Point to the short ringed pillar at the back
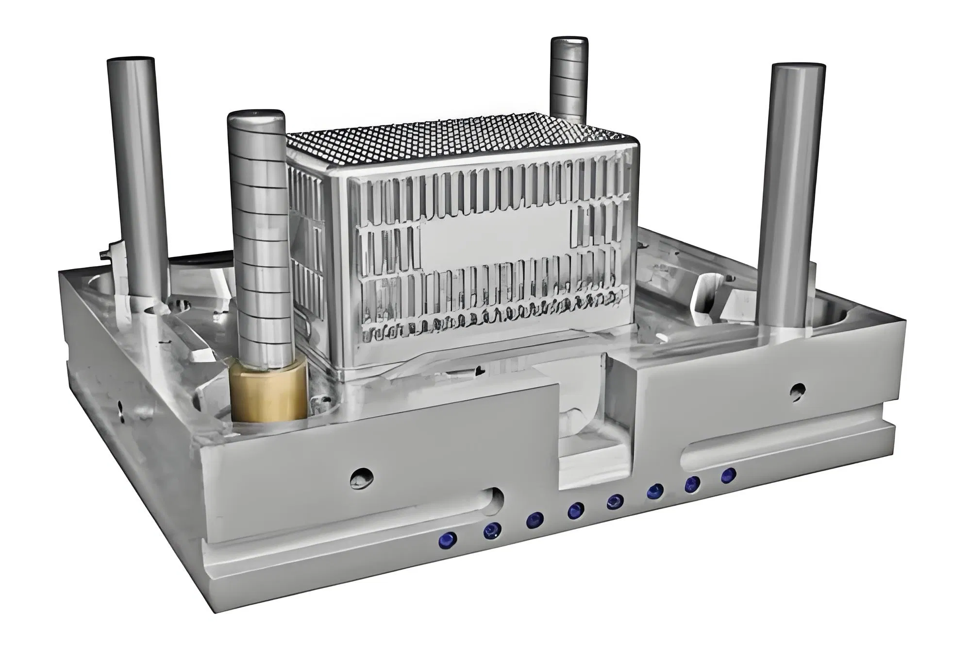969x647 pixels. (x=569, y=78)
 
